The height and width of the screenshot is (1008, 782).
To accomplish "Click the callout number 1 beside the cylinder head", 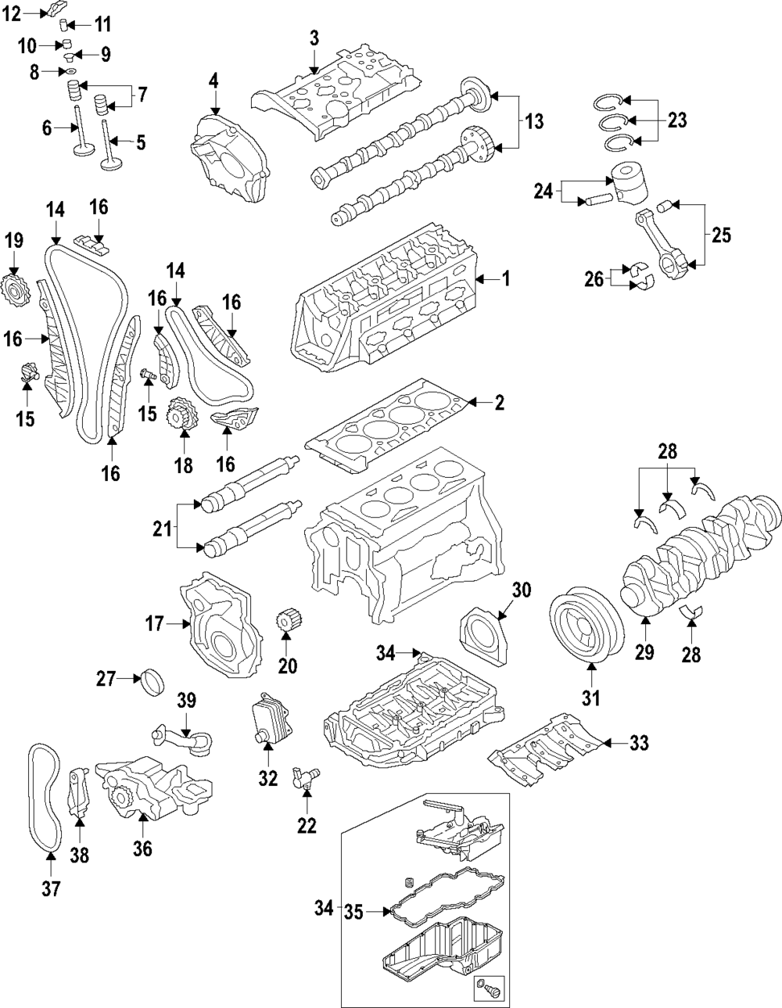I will (505, 278).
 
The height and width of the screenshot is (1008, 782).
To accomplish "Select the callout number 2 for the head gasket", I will (500, 404).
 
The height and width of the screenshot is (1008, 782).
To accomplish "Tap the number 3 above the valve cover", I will (314, 38).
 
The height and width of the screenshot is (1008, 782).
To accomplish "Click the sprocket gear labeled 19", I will (16, 291).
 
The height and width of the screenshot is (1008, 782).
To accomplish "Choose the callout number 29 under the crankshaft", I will (644, 652).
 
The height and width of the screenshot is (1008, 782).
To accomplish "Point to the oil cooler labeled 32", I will (265, 720).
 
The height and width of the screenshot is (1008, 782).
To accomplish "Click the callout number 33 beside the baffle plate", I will (639, 744).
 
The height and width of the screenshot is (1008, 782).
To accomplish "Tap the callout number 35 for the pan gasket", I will (354, 910).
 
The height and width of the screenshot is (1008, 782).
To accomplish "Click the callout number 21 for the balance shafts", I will (162, 529).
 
